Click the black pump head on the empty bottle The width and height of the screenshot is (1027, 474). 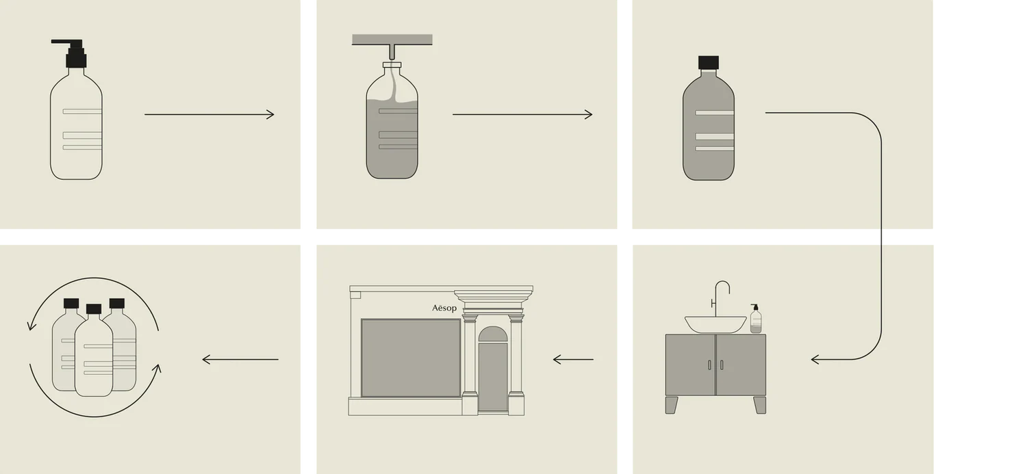point(73,53)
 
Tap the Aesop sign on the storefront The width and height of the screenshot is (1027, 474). point(444,308)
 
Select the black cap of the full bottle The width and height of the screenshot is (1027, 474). point(709,62)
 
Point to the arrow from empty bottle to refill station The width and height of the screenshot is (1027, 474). point(210,114)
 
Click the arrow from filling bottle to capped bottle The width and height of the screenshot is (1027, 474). point(522,114)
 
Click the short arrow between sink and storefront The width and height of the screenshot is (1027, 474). point(573,360)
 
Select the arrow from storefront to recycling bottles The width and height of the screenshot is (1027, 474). point(240,360)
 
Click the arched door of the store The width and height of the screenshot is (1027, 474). point(493,369)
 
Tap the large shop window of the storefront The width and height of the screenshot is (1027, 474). point(411,358)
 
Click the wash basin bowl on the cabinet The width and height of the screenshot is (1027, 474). point(715,324)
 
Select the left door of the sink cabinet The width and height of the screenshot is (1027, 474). point(690,365)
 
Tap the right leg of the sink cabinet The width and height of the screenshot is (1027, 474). point(760,405)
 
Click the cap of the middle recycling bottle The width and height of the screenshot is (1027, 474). point(94,309)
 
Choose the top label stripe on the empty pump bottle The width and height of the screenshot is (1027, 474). point(82,111)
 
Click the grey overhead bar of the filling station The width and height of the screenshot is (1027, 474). point(392,40)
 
